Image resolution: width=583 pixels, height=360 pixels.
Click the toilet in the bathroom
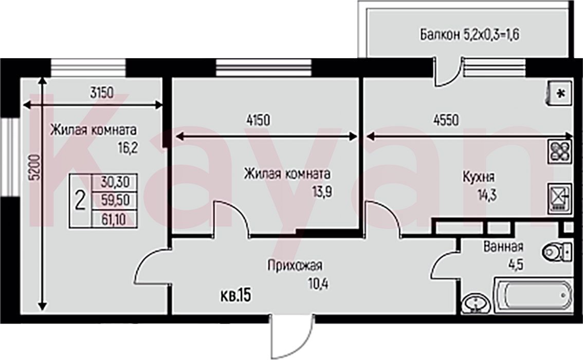coord(557,252)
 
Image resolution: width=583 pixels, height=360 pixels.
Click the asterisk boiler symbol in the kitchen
coord(559,94)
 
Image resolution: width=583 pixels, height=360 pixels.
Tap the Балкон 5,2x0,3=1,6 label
coord(469,34)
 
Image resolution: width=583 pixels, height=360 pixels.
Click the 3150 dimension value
coord(102,93)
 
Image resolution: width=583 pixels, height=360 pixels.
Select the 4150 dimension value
coord(258,120)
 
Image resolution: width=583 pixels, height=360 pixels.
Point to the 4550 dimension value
coord(446,120)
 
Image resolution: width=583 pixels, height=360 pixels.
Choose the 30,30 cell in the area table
coord(115,182)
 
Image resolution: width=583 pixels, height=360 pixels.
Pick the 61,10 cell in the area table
coord(115,219)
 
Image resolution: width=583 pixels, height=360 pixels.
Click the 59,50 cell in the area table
coord(115,201)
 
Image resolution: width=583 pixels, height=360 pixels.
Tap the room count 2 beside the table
coord(80,201)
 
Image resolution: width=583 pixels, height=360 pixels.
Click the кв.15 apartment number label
coord(236,296)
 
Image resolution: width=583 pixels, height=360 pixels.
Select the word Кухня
coord(478,176)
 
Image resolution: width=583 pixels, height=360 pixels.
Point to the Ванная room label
coord(503,246)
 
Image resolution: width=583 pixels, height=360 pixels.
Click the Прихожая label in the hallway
coord(295,265)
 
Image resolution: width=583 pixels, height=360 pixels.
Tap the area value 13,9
coord(322,192)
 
